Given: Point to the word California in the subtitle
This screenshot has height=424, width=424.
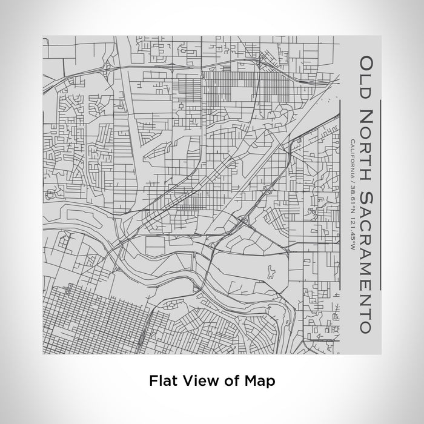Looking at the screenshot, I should click(x=352, y=157).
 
